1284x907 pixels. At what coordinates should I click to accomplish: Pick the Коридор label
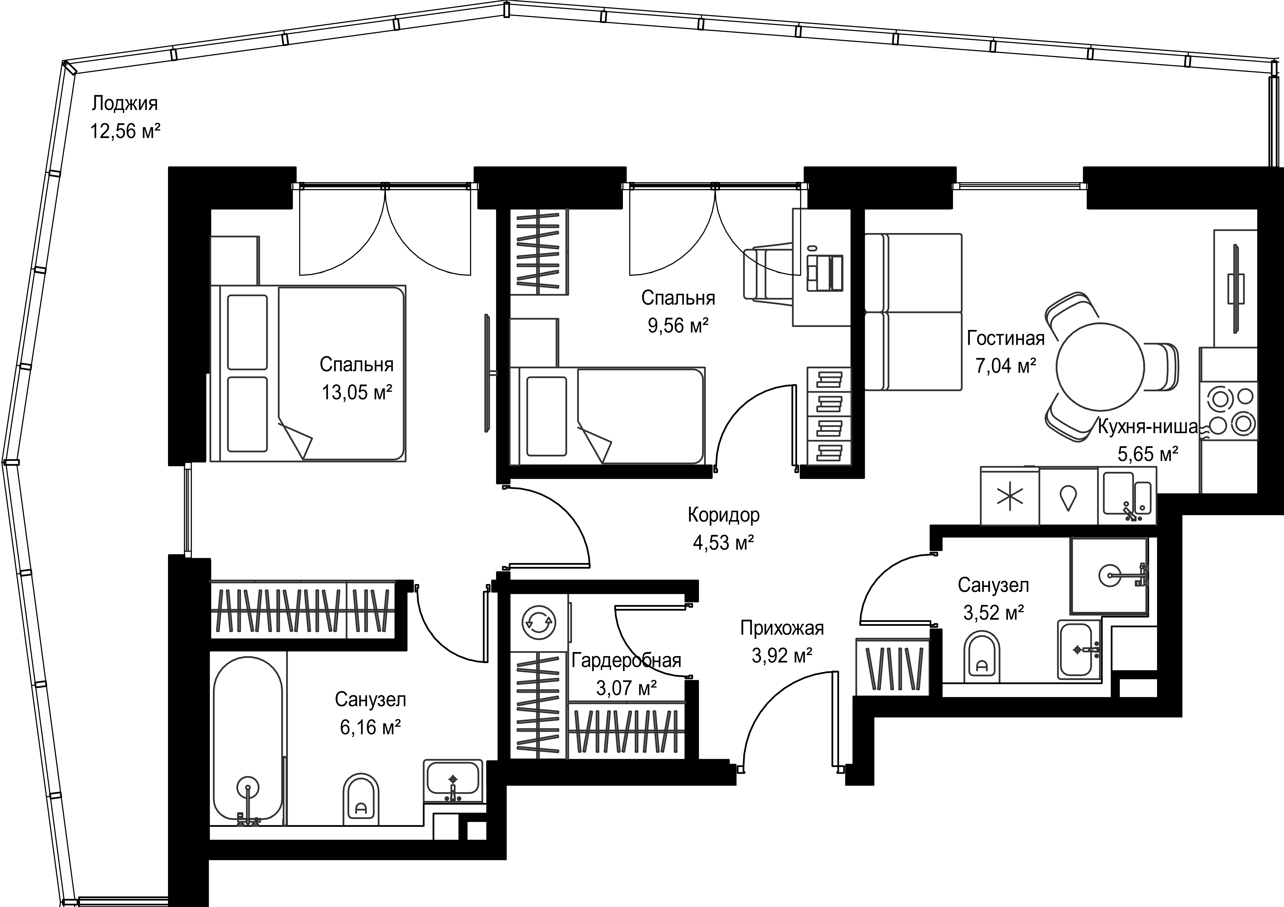click(x=724, y=515)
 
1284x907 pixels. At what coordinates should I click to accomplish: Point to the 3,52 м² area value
click(x=993, y=613)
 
